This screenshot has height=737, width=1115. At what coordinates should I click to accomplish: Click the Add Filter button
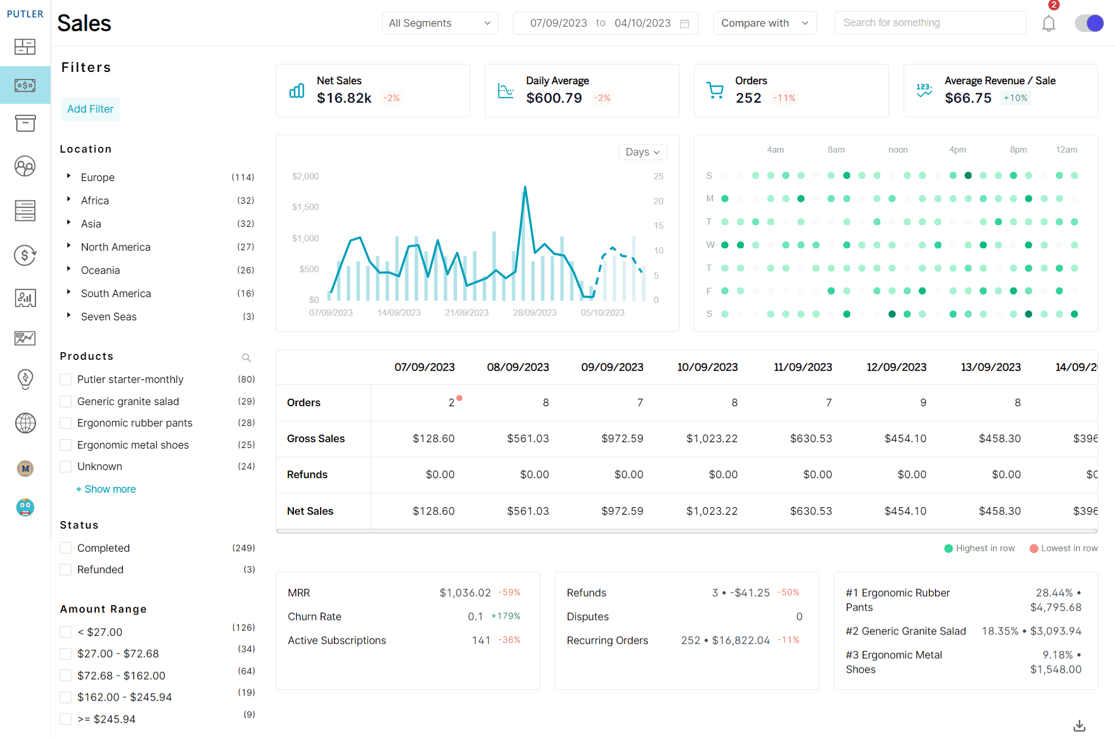coord(90,109)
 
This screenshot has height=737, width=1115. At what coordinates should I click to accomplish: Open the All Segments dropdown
coord(440,23)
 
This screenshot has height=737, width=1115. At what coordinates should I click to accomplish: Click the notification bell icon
coord(1048,24)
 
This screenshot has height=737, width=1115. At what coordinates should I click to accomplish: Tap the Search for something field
coord(929,23)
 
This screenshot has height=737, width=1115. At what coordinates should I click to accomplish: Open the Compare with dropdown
coord(764,23)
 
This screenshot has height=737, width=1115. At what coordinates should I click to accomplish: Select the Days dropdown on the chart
coord(642,152)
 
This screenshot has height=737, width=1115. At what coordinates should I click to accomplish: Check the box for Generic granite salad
coord(66,402)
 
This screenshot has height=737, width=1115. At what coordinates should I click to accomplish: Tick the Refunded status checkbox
coord(66,570)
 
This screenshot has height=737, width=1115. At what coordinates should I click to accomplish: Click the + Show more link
coord(106,489)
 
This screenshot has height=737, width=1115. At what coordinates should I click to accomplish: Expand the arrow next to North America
coord(69,246)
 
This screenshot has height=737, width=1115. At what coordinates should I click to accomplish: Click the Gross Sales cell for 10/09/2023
coord(711,439)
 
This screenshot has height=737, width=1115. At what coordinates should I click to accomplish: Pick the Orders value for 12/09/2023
coord(923,403)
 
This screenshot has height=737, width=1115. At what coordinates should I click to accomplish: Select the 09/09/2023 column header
coord(612,367)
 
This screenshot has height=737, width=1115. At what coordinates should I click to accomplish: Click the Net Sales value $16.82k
coord(344,98)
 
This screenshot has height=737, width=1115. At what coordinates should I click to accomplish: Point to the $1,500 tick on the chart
coord(305,207)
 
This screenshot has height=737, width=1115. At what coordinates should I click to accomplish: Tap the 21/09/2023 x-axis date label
coord(466,313)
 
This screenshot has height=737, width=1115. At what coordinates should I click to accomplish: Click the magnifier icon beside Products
coord(246,357)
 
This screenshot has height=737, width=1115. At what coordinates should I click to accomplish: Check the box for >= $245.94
coord(66,719)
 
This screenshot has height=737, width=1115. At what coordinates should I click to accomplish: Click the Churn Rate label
coord(314,617)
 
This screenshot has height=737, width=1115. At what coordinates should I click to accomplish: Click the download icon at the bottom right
coord(1079,725)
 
